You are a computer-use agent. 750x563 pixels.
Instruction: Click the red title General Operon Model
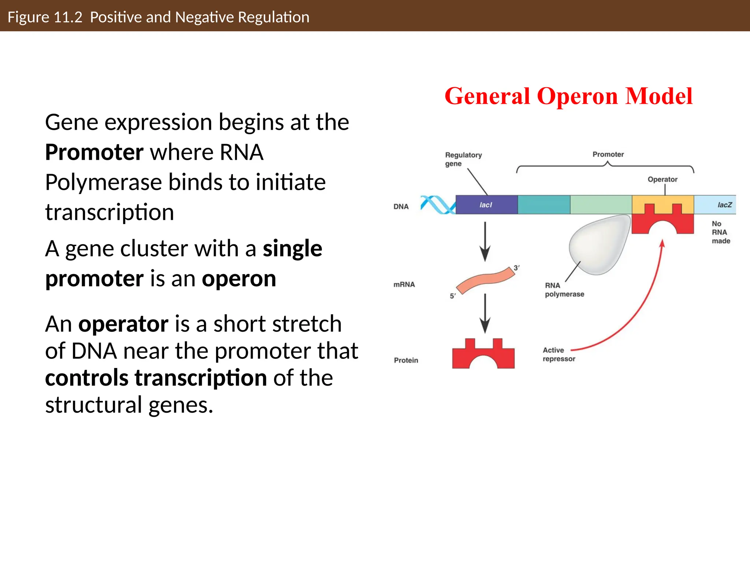[568, 96]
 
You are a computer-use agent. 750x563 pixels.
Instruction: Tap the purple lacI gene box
[486, 205]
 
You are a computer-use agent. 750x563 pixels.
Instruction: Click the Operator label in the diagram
[662, 179]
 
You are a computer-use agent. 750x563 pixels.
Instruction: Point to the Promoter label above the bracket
[608, 154]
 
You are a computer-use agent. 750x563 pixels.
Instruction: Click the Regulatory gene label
[463, 159]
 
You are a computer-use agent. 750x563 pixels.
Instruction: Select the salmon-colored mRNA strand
[486, 280]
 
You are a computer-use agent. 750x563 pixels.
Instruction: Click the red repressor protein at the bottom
[483, 356]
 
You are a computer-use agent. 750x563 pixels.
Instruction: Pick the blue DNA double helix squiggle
[438, 205]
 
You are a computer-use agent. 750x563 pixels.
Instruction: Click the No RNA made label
[720, 232]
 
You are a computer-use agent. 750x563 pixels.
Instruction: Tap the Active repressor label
[558, 354]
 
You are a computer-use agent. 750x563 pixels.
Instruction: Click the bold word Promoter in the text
[94, 152]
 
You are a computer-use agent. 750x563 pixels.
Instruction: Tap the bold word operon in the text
[239, 279]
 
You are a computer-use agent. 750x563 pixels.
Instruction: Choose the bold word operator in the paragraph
[123, 324]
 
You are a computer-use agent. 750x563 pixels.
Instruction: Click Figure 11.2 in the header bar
[45, 17]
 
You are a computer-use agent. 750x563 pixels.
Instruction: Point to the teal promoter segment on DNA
[543, 205]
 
